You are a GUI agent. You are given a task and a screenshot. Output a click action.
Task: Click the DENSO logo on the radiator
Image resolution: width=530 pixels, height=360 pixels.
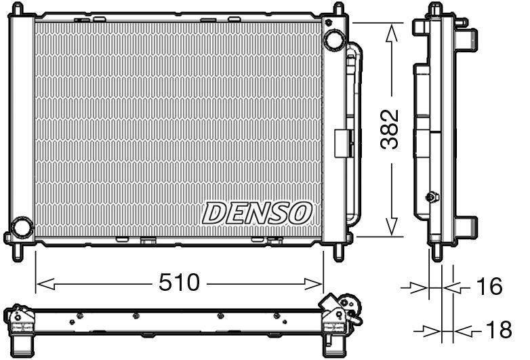(257, 213)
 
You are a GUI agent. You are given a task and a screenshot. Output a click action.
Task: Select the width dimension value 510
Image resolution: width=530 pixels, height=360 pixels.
(180, 282)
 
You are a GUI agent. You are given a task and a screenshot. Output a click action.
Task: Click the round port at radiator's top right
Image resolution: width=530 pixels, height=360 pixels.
(334, 39)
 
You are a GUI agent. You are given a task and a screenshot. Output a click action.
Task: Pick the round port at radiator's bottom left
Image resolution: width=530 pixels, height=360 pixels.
(22, 227)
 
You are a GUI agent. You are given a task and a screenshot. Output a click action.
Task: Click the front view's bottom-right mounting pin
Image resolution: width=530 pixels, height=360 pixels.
(338, 252)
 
